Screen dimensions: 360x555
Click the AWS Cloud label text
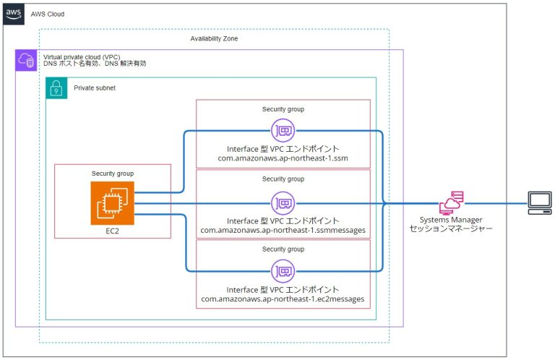click(50, 14)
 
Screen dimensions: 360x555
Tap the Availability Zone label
click(214, 38)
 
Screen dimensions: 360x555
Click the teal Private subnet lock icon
click(56, 87)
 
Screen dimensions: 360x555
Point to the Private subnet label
click(95, 87)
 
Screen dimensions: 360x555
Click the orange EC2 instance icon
click(112, 203)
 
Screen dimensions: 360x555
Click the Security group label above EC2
click(112, 173)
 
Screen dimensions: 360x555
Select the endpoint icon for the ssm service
click(283, 132)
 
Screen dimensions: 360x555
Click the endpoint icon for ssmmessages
click(283, 203)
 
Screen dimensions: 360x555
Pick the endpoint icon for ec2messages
click(283, 271)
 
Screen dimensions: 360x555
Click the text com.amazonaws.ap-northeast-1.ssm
click(283, 158)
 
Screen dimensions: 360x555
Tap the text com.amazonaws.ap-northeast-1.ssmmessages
click(283, 229)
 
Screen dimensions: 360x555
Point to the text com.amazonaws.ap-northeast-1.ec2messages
click(283, 299)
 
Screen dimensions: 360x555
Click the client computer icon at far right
click(538, 203)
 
